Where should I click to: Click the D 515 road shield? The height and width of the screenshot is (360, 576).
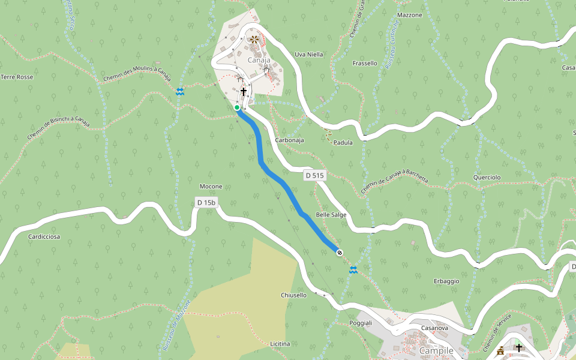click(x=314, y=175)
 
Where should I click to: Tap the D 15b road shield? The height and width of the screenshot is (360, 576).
click(x=206, y=203)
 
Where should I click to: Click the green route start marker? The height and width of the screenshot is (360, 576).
click(x=237, y=107)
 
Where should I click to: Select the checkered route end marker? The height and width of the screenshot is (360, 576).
click(x=340, y=252)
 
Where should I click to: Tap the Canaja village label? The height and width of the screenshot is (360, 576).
click(x=259, y=61)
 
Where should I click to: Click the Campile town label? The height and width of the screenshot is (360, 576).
click(x=436, y=350)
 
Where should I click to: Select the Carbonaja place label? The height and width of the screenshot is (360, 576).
click(x=289, y=140)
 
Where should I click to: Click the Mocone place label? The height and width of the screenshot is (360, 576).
click(x=211, y=187)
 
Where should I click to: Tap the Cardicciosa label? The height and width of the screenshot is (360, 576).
click(x=44, y=236)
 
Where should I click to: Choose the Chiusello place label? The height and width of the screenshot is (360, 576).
click(x=294, y=295)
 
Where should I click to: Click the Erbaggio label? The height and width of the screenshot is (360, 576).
click(x=446, y=281)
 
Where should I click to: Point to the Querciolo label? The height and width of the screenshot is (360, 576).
click(x=487, y=178)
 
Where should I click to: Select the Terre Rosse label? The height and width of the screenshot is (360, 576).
click(x=17, y=77)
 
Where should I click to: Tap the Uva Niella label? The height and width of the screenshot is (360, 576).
click(x=309, y=55)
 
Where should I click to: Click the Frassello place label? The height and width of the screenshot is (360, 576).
click(x=365, y=63)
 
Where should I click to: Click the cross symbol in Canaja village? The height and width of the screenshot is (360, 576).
click(x=244, y=92)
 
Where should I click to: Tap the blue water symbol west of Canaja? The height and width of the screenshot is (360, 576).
click(x=180, y=91)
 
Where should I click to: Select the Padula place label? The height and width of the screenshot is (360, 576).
click(x=343, y=143)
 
